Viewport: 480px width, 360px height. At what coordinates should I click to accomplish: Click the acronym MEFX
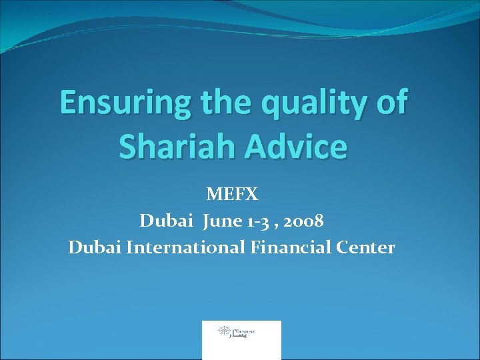click(x=232, y=194)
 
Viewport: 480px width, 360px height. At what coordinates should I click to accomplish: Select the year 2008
click(x=305, y=221)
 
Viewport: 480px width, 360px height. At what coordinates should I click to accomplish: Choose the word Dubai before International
click(x=95, y=247)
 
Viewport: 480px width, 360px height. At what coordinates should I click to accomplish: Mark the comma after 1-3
click(x=281, y=225)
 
